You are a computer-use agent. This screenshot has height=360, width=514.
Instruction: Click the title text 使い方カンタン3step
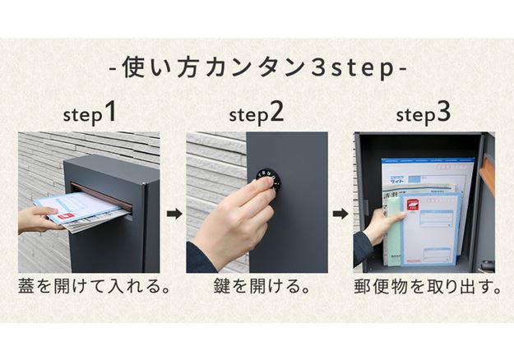tap(257, 67)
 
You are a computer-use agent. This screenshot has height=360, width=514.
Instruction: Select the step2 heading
tap(257, 113)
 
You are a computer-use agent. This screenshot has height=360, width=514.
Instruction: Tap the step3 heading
tap(423, 113)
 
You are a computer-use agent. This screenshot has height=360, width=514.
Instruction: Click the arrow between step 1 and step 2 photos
tap(174, 215)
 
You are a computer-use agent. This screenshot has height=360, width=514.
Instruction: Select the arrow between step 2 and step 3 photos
tap(340, 215)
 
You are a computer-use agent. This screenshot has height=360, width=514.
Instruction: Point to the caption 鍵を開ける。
tap(257, 288)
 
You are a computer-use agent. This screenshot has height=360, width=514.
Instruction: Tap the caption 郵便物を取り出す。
tap(423, 288)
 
